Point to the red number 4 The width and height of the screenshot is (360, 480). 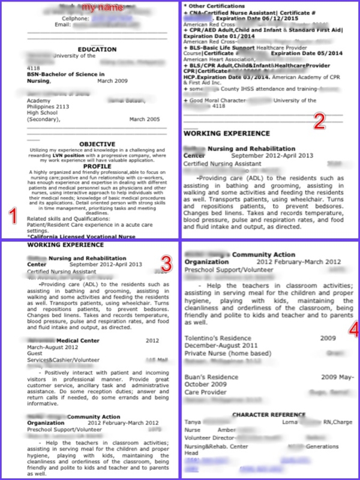pos(353,329)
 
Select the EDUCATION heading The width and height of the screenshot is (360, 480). pos(89,50)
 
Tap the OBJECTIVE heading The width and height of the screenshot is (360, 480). pos(89,144)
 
